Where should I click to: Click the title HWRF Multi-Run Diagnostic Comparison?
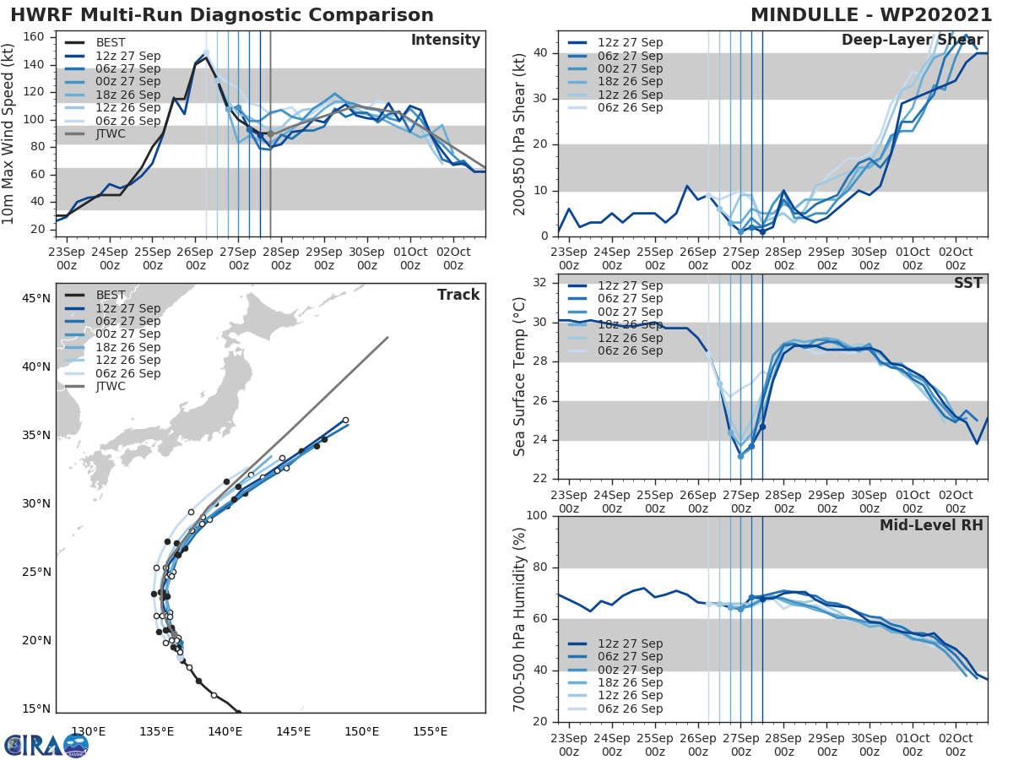222,15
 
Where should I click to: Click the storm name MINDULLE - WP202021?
871,15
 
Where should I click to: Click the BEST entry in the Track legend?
111,295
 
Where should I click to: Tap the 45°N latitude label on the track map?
35,298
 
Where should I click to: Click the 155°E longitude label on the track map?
430,731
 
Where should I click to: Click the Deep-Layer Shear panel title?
912,41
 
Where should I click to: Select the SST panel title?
967,283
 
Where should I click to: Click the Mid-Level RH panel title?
931,525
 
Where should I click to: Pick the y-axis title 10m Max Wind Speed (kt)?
10,133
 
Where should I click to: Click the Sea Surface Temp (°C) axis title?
520,377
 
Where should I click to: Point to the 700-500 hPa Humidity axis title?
520,618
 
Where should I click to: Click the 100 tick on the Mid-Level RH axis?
538,516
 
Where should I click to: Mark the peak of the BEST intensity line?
206,57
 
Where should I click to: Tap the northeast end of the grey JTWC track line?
387,338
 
